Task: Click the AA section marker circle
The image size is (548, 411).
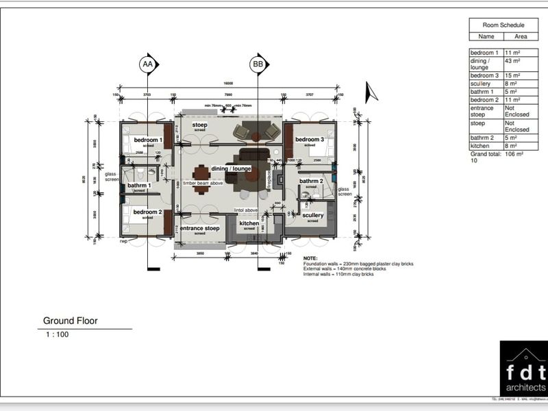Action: point(147,64)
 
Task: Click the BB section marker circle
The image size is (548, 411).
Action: point(258,64)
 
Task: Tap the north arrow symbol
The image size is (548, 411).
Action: point(371,92)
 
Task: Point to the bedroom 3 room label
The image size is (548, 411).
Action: point(310,140)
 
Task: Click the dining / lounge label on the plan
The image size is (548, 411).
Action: point(232,169)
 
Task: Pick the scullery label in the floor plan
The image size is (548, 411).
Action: point(313,215)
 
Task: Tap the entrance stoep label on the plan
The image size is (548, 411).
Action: point(200,228)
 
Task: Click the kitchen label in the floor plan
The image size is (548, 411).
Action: point(249,223)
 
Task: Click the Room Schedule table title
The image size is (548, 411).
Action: point(503,25)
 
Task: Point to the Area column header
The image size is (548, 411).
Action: point(521,37)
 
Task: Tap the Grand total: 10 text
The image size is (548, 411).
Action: point(484,158)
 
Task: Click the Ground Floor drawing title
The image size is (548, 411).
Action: point(71,321)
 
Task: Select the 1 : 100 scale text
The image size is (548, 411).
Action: point(57,335)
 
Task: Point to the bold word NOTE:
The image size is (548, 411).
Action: point(310,258)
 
